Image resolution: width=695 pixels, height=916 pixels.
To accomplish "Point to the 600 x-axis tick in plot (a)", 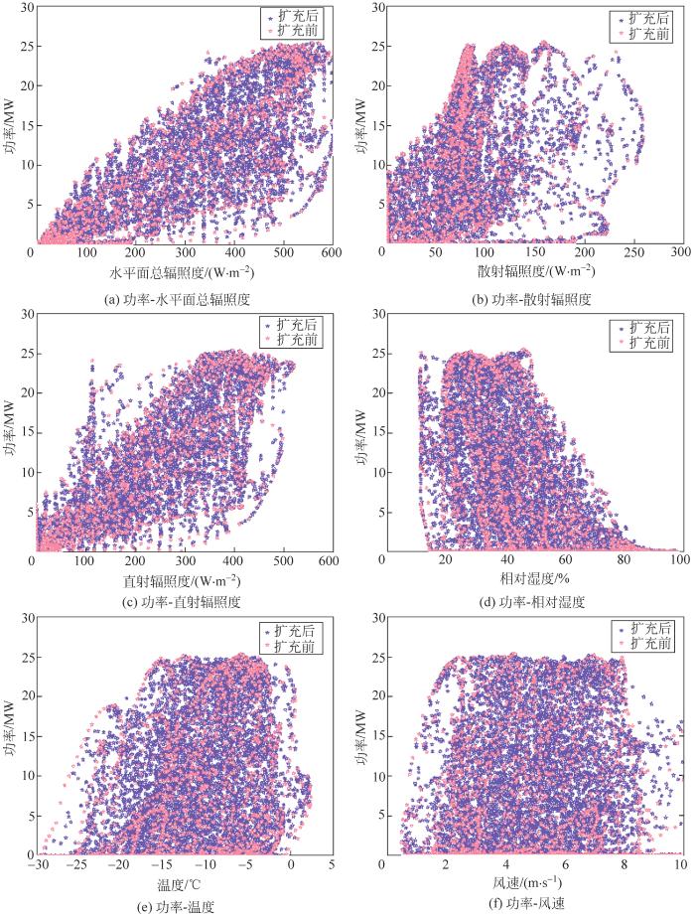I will point(331,254).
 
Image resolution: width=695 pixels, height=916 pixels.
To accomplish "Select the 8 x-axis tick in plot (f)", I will point(624,865).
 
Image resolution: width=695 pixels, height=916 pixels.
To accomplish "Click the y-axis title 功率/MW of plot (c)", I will point(10,430).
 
